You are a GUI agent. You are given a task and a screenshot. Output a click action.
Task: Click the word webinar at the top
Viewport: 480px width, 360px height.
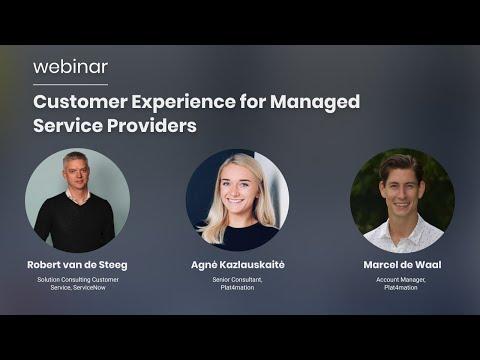(70, 67)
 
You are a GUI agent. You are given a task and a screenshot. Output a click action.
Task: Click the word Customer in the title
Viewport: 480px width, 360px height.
(80, 101)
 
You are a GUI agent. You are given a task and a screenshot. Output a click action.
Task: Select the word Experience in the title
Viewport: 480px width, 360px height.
(183, 102)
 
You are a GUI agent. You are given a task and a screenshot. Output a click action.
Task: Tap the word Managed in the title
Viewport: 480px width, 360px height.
(315, 102)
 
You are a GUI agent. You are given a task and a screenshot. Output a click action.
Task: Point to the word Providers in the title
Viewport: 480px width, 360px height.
(152, 126)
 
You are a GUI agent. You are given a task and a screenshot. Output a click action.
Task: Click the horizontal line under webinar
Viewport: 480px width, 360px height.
(70, 85)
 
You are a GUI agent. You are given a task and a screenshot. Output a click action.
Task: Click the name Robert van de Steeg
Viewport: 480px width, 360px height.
(77, 265)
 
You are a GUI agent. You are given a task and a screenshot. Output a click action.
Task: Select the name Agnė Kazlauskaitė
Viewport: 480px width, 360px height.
(238, 265)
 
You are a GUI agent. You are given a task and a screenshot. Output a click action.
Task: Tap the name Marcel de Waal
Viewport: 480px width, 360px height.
(402, 265)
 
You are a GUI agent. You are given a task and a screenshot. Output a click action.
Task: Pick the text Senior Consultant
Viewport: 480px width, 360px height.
(237, 280)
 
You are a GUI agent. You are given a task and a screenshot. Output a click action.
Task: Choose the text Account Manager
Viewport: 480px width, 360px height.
(401, 280)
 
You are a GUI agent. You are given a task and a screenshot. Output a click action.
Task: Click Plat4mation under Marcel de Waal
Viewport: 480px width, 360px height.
(401, 287)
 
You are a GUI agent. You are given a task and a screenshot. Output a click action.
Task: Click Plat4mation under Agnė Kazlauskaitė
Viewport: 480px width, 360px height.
(237, 287)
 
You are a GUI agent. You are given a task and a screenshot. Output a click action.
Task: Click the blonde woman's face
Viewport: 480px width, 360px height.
(236, 189)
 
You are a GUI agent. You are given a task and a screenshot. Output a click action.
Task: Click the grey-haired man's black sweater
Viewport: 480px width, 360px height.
(75, 223)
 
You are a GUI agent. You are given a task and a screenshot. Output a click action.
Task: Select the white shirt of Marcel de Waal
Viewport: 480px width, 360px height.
(403, 236)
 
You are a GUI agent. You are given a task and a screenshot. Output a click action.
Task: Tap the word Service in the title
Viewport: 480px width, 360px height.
(68, 126)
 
